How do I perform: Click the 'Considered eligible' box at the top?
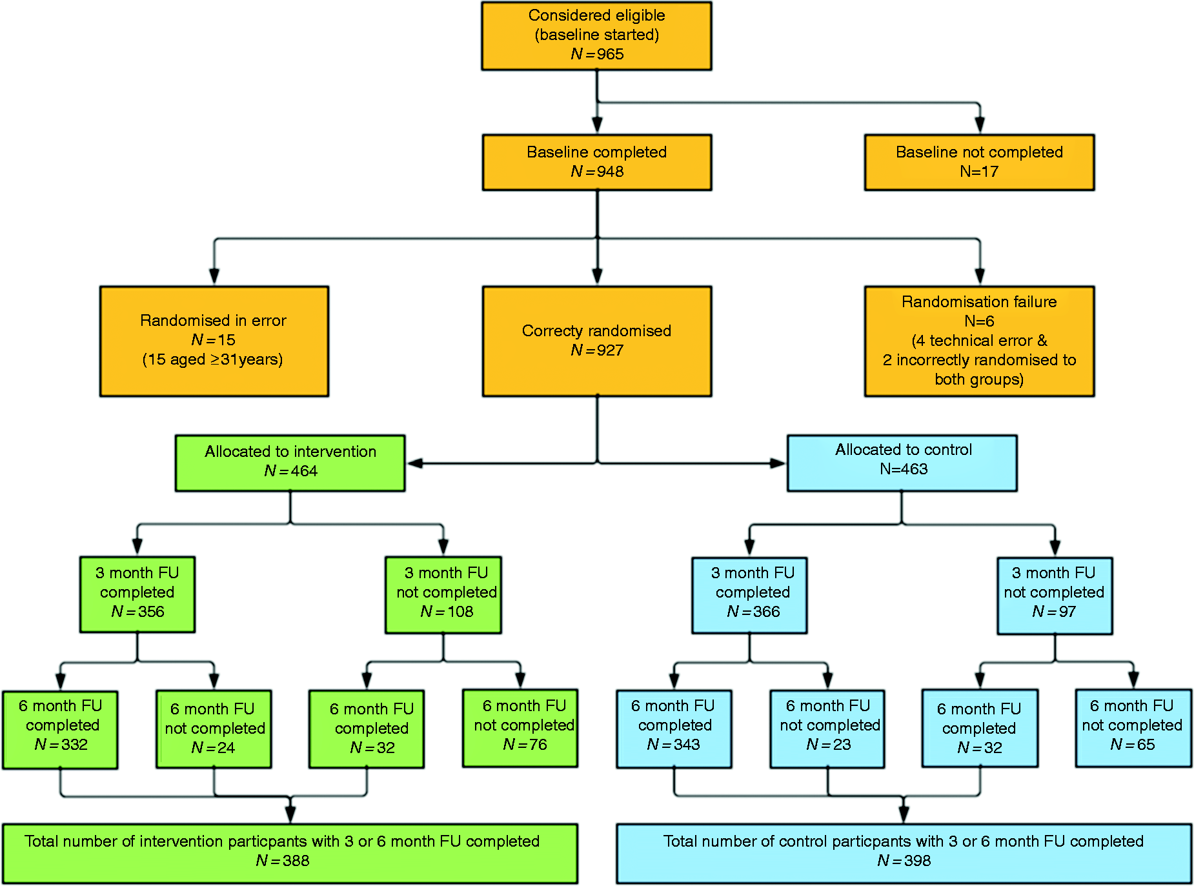pyautogui.click(x=596, y=35)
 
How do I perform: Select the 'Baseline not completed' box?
pyautogui.click(x=979, y=162)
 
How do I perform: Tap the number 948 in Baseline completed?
pyautogui.click(x=610, y=172)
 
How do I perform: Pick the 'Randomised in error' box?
pyautogui.click(x=214, y=341)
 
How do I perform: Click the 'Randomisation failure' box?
pyautogui.click(x=979, y=341)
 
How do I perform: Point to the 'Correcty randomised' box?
pyautogui.click(x=597, y=341)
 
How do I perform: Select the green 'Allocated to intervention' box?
pyautogui.click(x=290, y=463)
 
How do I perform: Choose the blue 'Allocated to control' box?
pyautogui.click(x=902, y=463)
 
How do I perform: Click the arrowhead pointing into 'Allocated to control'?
pyautogui.click(x=778, y=463)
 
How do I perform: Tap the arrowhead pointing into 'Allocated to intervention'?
pyautogui.click(x=415, y=463)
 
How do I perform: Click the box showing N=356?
pyautogui.click(x=137, y=594)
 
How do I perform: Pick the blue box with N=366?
pyautogui.click(x=749, y=595)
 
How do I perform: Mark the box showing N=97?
pyautogui.click(x=1055, y=596)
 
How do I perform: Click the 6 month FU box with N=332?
pyautogui.click(x=60, y=730)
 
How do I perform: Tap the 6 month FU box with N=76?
pyautogui.click(x=520, y=728)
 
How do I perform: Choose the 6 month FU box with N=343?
pyautogui.click(x=674, y=729)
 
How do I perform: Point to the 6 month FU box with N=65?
pyautogui.click(x=1133, y=728)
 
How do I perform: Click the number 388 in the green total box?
pyautogui.click(x=296, y=861)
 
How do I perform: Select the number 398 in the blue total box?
pyautogui.click(x=917, y=861)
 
